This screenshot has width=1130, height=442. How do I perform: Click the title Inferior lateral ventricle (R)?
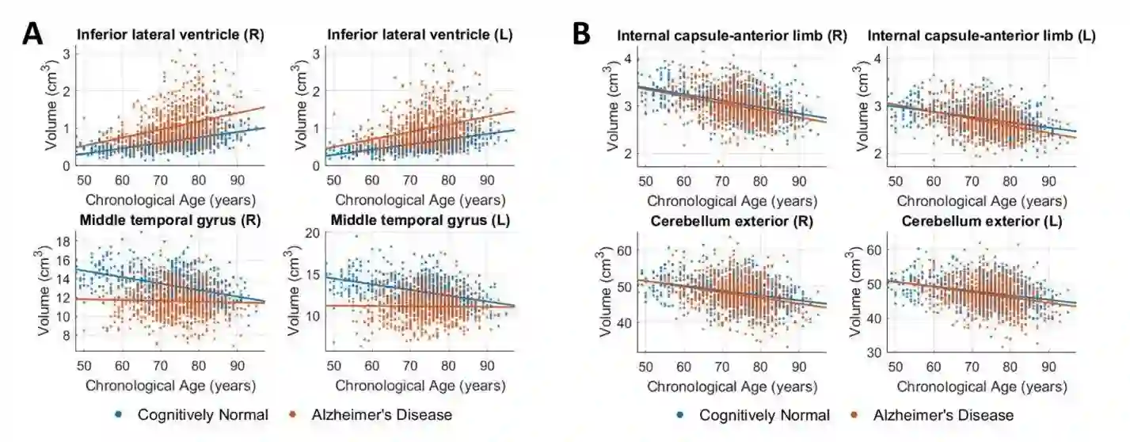[x=169, y=36]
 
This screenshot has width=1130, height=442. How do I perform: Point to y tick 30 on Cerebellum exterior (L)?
[x=875, y=353]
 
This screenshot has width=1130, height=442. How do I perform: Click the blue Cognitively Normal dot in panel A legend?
[x=118, y=415]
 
